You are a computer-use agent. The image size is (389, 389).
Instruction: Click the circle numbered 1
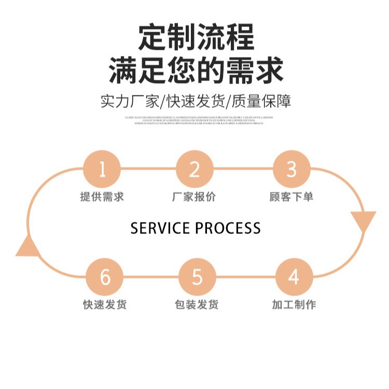(102, 169)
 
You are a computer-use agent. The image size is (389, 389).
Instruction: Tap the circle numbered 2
(195, 169)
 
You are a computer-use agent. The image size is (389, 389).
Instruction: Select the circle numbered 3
(291, 169)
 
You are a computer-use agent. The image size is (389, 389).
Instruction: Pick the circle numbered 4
(294, 277)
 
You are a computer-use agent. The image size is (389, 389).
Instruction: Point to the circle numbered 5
(197, 277)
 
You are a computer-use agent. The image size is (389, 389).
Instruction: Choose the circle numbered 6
(105, 277)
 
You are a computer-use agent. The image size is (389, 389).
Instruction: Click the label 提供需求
(102, 197)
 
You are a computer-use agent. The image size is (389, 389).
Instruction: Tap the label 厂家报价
(195, 197)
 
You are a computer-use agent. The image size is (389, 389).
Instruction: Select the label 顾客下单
(291, 197)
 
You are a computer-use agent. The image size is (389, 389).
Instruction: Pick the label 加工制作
(294, 305)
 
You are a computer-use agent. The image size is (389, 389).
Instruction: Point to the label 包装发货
(197, 305)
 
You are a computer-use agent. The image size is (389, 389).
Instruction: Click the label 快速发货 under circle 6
(105, 305)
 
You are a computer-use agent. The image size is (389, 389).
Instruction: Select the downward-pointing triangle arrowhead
(363, 220)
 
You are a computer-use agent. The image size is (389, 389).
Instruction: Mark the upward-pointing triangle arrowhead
(28, 247)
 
